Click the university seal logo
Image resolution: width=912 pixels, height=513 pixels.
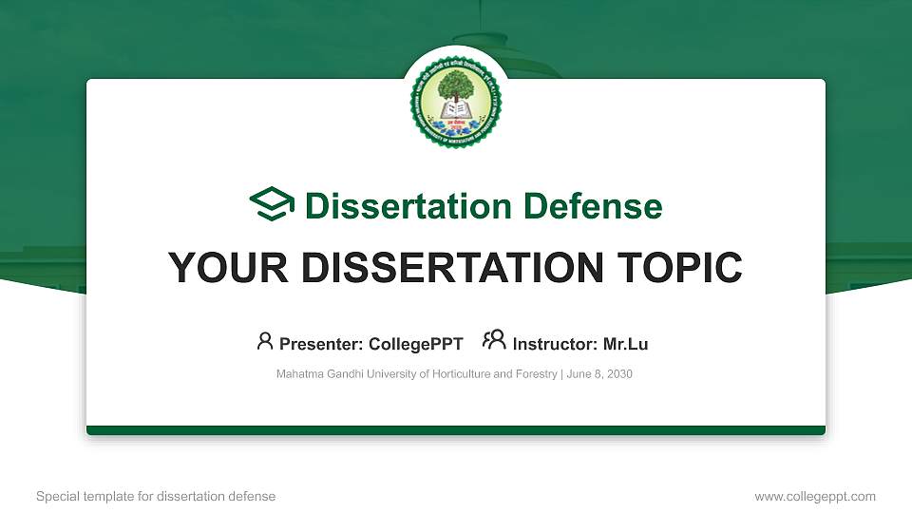456,101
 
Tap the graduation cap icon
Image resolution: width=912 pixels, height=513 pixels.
273,205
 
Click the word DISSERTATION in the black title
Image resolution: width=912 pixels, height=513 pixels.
446,268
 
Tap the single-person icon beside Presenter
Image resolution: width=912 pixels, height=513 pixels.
265,341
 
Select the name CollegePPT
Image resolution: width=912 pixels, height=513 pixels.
417,344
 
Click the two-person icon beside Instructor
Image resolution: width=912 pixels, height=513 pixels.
494,341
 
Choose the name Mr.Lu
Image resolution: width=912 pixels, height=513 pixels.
626,344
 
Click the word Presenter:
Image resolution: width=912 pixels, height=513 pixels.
321,344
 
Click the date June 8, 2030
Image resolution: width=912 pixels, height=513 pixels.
599,374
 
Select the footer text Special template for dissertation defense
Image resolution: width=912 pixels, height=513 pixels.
156,496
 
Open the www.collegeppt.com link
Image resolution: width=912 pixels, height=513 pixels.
815,496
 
